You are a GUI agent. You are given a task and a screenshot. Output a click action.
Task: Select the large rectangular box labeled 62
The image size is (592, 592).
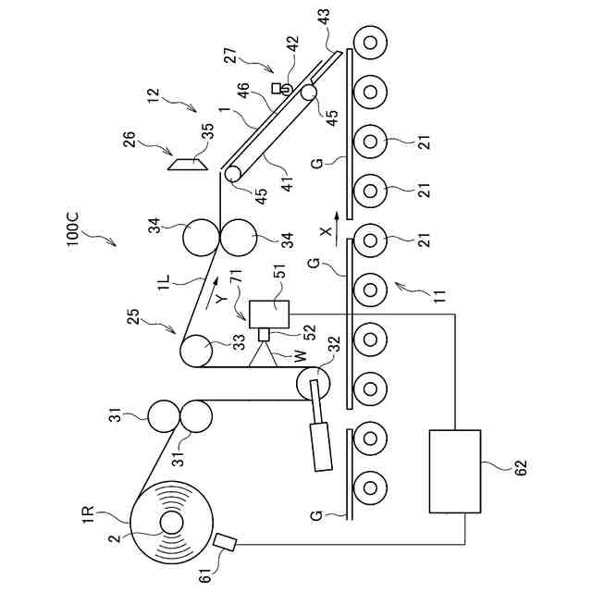[455, 471]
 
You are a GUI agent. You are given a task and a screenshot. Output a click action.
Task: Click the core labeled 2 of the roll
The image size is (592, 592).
[172, 523]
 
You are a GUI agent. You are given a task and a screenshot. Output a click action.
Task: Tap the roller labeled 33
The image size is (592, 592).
[194, 351]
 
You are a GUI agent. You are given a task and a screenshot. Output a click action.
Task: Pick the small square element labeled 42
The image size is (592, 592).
[276, 87]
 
